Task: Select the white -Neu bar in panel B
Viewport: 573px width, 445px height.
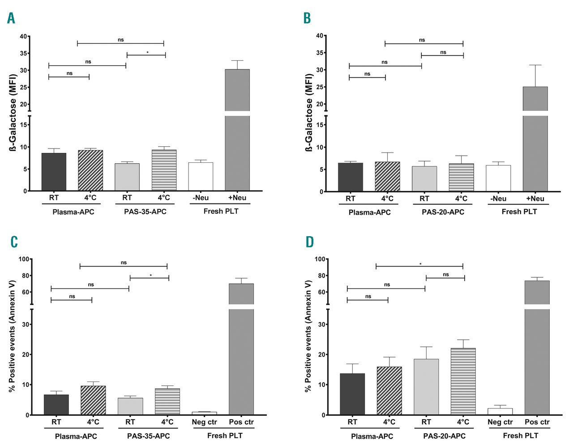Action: (498, 178)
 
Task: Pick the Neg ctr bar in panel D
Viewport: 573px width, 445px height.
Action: (500, 411)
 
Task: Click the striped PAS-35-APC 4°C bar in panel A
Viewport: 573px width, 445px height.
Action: (164, 170)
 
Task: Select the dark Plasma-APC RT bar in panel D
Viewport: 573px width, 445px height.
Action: (352, 394)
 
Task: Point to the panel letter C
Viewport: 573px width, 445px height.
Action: (14, 242)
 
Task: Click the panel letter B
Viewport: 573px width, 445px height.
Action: (307, 18)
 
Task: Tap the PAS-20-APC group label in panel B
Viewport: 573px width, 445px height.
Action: (443, 212)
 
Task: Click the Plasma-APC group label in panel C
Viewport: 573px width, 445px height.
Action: (76, 436)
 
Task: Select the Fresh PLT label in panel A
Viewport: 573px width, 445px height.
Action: (221, 211)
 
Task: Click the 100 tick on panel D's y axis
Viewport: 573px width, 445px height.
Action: (320, 259)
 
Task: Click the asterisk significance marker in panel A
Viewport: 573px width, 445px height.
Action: (147, 53)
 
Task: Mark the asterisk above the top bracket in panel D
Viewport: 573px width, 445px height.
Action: (420, 264)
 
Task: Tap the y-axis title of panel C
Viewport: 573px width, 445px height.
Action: (13, 336)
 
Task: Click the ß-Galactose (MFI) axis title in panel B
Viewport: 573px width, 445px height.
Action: (309, 113)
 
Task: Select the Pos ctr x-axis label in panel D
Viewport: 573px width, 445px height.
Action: (537, 422)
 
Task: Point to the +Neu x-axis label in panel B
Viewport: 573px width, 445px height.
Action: (535, 199)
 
